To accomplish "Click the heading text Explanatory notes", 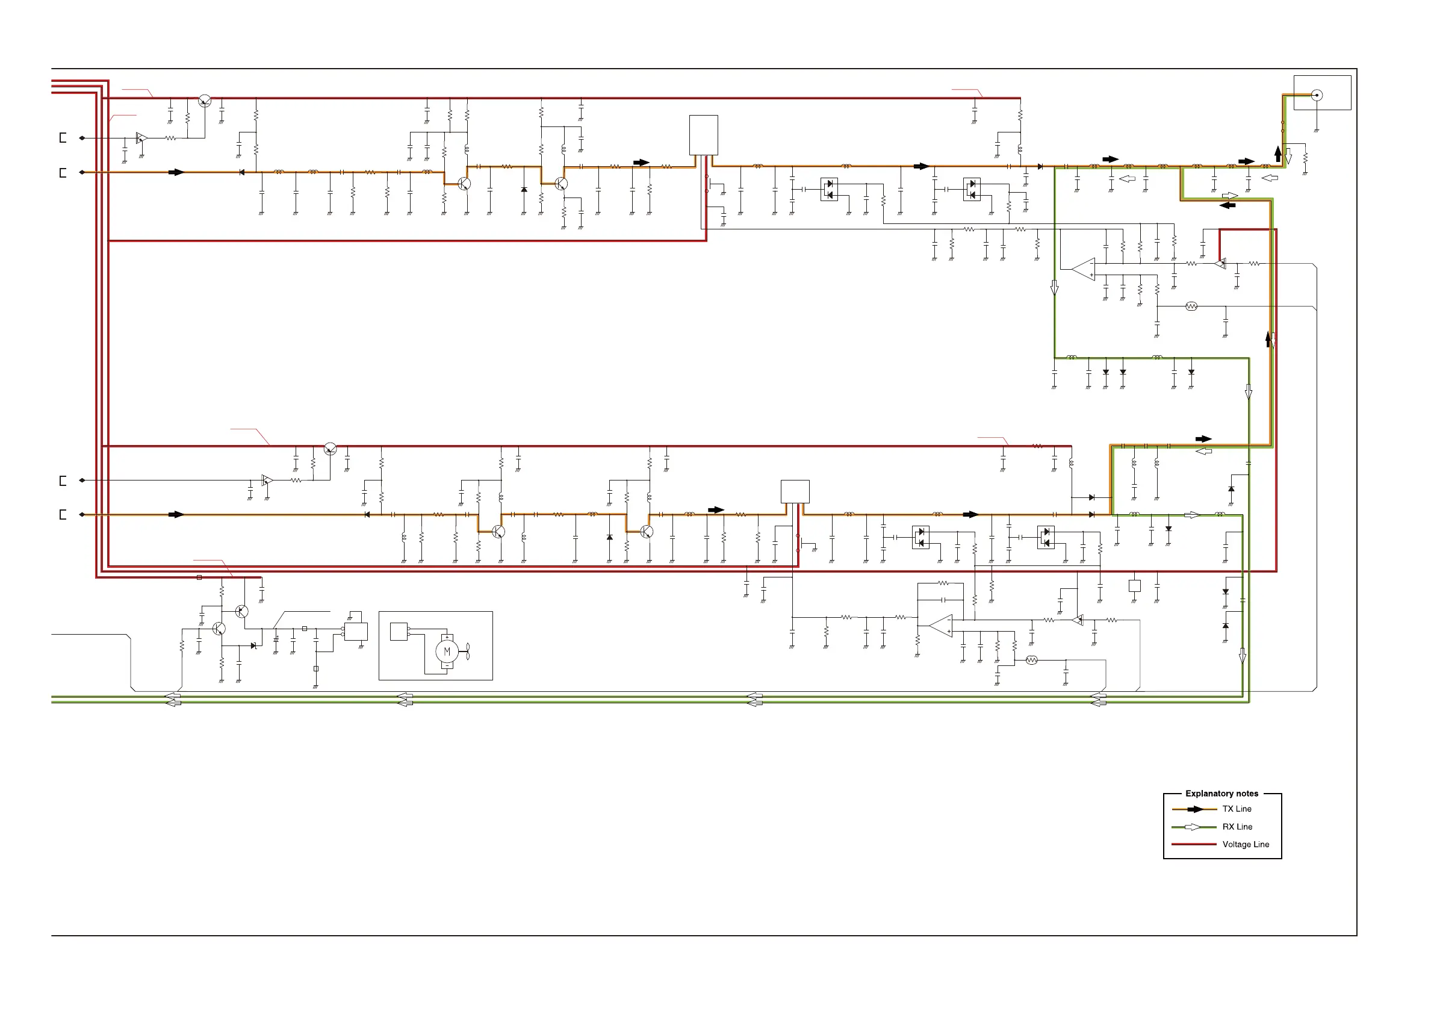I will coord(1221,794).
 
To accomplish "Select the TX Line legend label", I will coord(1237,809).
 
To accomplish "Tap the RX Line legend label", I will coord(1237,827).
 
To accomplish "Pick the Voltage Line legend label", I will coord(1246,844).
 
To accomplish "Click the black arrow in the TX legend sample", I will coord(1194,809).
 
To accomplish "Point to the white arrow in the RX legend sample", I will coord(1193,827).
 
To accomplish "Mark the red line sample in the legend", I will coord(1194,844).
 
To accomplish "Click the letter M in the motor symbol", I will coord(447,652).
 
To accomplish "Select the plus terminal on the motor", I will coord(447,637).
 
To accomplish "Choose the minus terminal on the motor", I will coord(447,666).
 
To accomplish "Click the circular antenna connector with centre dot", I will coord(1317,96).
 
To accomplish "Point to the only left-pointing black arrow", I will coord(1228,205).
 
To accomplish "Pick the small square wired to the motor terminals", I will coord(399,632).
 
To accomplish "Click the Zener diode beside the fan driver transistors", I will coord(253,645).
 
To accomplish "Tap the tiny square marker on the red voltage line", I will coord(199,577).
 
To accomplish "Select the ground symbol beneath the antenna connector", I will coord(1317,131).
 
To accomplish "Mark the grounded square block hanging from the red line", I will coord(1135,586).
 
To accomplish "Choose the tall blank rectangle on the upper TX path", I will coord(703,135).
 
